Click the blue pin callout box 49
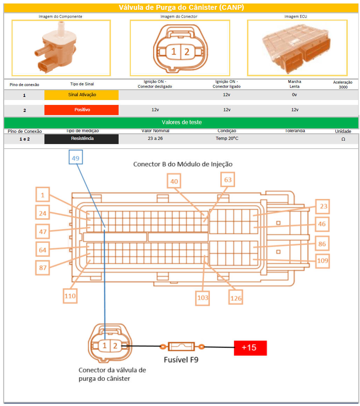pyautogui.click(x=76, y=157)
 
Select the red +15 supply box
pyautogui.click(x=250, y=348)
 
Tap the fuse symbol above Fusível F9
pyautogui.click(x=181, y=347)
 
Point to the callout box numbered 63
pyautogui.click(x=228, y=179)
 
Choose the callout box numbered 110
pyautogui.click(x=70, y=296)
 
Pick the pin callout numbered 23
pyautogui.click(x=323, y=206)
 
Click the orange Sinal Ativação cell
pyautogui.click(x=82, y=95)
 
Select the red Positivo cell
pyautogui.click(x=82, y=110)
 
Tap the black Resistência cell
pyautogui.click(x=82, y=139)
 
